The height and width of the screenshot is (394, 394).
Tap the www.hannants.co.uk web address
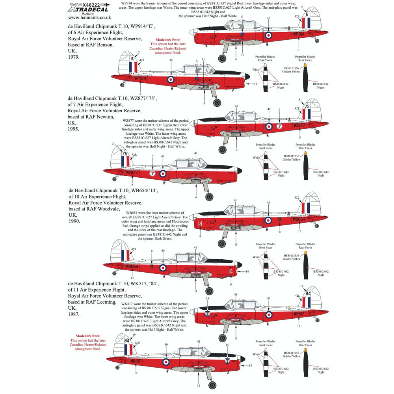(x=90, y=17)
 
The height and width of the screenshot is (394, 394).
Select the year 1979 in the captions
(x=73, y=57)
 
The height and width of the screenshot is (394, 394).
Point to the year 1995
(x=73, y=129)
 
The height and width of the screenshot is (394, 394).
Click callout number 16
(x=255, y=84)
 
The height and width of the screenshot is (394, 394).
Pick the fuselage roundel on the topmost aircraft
(x=268, y=35)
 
